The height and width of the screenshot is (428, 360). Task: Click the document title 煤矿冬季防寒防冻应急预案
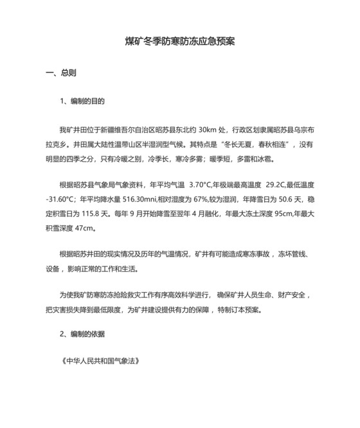pyautogui.click(x=179, y=42)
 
